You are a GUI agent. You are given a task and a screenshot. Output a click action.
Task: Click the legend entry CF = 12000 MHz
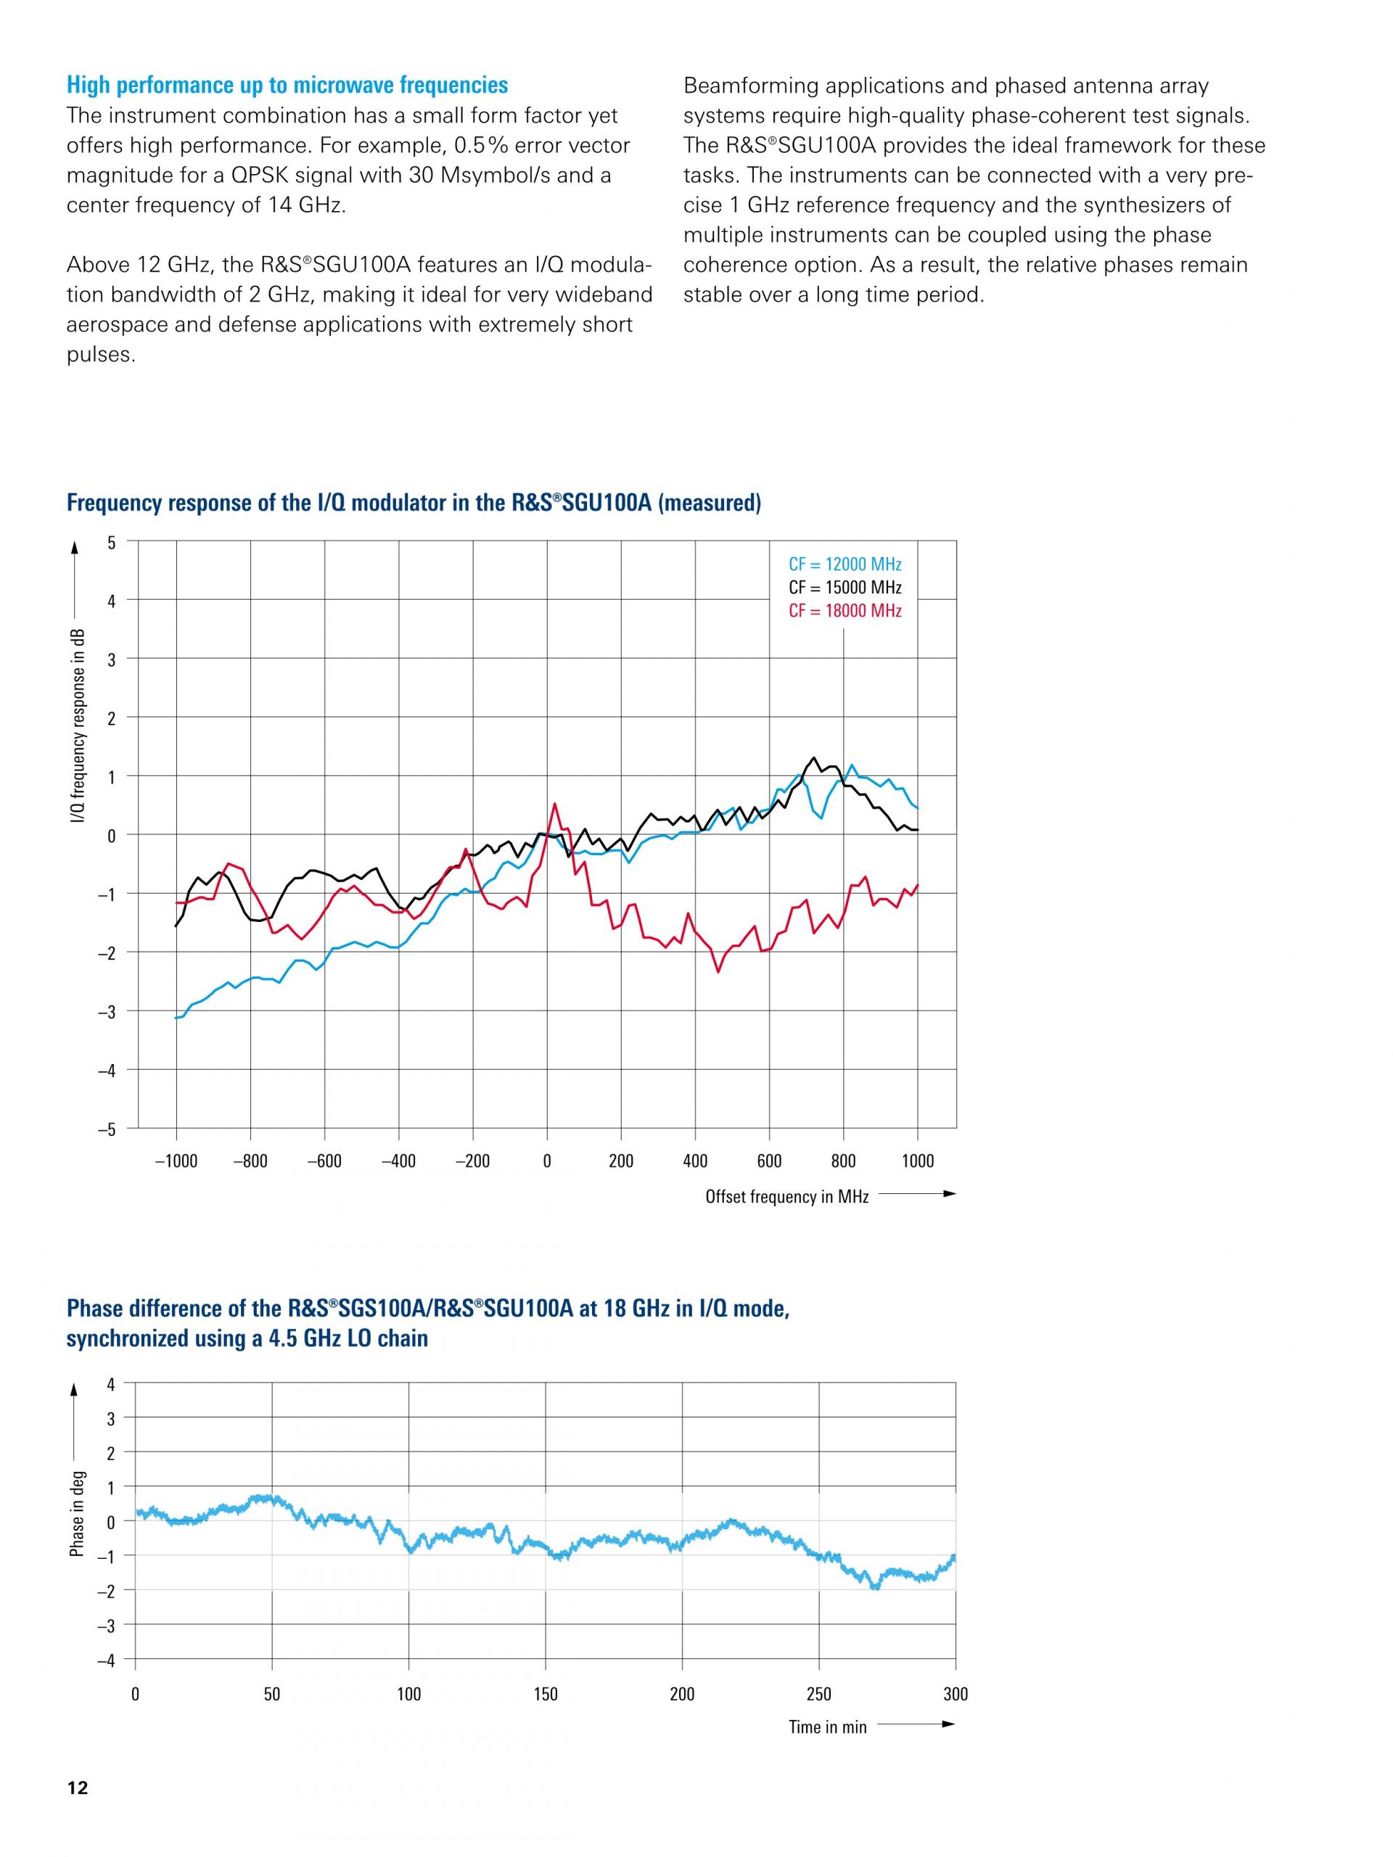click(844, 564)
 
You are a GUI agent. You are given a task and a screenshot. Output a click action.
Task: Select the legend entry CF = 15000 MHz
click(844, 588)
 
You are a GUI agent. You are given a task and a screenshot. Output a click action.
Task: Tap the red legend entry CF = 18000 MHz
click(844, 610)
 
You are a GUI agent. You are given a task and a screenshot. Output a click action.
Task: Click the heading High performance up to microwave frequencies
click(287, 85)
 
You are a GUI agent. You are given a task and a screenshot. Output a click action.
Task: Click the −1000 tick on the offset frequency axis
click(176, 1161)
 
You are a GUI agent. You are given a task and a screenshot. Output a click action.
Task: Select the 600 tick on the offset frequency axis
click(769, 1161)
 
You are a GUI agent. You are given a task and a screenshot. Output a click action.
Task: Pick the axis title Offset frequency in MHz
click(786, 1197)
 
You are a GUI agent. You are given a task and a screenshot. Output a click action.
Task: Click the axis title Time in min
click(827, 1727)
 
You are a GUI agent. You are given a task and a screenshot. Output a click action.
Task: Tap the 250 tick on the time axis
click(818, 1694)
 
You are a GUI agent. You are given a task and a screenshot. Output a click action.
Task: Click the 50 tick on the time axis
click(272, 1694)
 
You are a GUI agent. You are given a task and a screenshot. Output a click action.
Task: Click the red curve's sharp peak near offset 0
click(554, 804)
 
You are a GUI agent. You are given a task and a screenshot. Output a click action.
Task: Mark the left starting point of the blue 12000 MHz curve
click(176, 1018)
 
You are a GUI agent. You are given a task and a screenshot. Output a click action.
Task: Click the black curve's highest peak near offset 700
click(813, 757)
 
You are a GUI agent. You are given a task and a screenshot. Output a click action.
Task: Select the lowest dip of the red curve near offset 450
click(718, 972)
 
